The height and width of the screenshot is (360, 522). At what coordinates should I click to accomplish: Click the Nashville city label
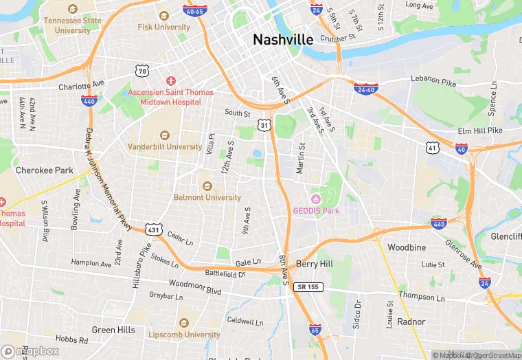[283, 39]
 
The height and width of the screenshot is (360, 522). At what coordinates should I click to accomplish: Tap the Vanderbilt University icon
[164, 135]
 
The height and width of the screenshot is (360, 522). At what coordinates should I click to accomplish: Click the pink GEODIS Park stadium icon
[317, 199]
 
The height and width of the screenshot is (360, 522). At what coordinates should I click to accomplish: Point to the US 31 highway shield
[264, 124]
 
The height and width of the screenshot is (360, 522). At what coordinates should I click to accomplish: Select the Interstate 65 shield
[315, 331]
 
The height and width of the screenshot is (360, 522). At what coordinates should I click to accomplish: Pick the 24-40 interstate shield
[364, 89]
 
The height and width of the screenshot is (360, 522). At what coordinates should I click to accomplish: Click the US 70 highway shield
[142, 70]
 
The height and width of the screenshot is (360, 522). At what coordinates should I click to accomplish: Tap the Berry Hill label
[315, 264]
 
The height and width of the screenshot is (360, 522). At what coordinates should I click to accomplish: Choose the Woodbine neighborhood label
[407, 247]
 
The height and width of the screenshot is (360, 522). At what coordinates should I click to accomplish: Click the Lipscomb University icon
[183, 323]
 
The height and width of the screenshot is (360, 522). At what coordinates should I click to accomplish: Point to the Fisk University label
[163, 27]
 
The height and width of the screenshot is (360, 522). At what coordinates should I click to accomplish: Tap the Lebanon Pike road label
[433, 80]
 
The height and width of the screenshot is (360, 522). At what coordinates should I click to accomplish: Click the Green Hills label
[113, 330]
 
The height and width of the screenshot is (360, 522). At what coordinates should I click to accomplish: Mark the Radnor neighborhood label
[411, 322]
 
